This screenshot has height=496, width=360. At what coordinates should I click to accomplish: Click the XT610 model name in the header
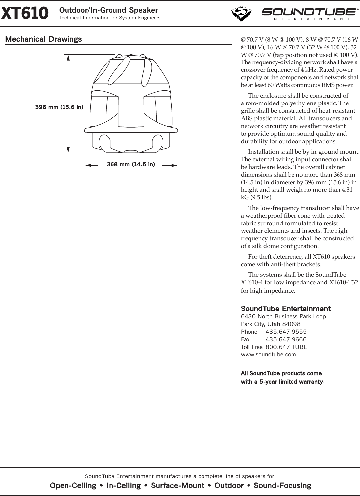click(25, 13)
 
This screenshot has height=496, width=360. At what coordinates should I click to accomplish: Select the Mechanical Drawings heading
click(43, 39)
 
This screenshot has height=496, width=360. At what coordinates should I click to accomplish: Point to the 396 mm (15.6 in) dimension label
click(59, 107)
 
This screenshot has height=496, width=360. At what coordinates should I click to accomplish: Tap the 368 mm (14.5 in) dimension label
click(130, 164)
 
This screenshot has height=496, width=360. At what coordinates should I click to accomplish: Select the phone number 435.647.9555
click(286, 332)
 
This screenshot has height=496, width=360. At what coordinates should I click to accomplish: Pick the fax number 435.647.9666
click(286, 339)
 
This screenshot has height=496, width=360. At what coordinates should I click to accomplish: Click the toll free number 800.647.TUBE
click(286, 347)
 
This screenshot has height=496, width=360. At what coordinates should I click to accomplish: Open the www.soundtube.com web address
click(268, 354)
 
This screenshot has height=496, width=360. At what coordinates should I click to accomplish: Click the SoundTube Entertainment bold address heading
click(285, 309)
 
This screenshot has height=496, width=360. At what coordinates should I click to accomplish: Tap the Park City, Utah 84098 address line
click(270, 324)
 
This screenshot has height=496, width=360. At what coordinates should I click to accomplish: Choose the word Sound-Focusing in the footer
click(282, 486)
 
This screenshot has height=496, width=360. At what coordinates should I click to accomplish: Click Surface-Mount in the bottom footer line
click(177, 486)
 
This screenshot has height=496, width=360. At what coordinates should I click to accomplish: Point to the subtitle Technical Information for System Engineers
click(110, 18)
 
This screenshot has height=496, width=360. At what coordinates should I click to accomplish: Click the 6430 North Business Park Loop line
click(283, 316)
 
